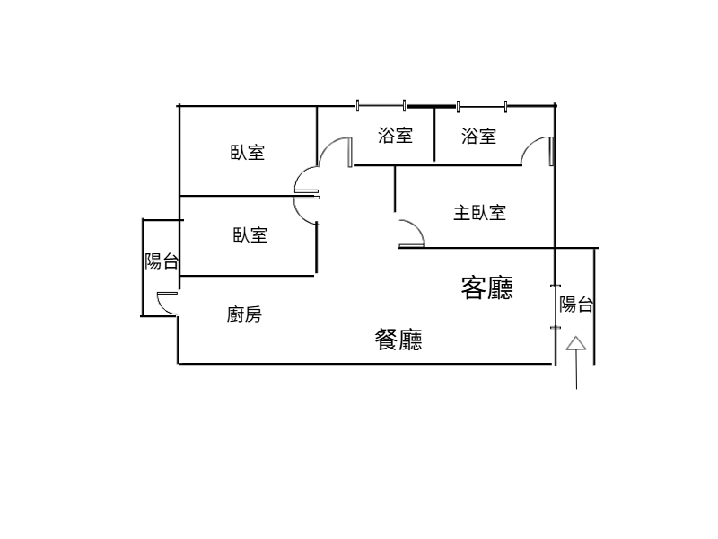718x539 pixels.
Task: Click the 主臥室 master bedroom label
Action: [x=480, y=213]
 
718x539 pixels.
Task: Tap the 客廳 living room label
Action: [x=486, y=287]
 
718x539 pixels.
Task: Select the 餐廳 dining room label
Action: [x=398, y=340]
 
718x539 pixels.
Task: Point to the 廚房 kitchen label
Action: [x=244, y=314]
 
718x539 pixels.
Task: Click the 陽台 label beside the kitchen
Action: [x=162, y=261]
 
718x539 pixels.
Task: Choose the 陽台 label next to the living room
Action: [x=576, y=305]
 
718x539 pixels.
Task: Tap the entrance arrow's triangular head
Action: [x=576, y=343]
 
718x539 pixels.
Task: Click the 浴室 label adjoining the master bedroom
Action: [x=478, y=137]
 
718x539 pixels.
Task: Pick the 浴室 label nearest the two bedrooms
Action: [x=395, y=135]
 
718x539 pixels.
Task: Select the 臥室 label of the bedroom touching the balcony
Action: [x=250, y=235]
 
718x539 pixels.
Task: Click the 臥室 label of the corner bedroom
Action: [x=248, y=152]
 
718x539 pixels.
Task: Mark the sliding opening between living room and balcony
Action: [x=556, y=306]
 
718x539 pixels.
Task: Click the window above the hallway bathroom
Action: [x=381, y=106]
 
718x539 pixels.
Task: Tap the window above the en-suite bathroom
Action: [x=482, y=107]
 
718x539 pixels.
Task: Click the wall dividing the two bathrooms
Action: [x=434, y=133]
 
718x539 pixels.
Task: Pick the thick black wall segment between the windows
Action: [x=432, y=107]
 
